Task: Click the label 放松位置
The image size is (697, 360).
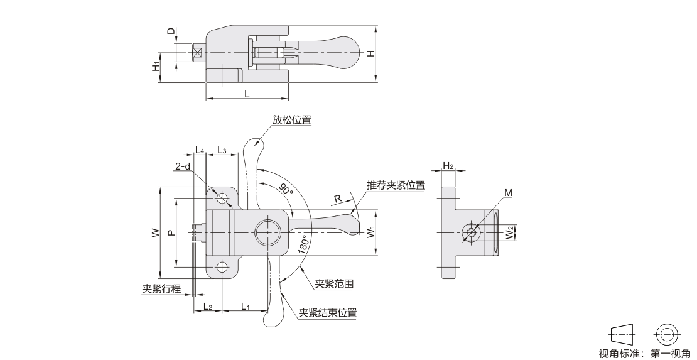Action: click(x=292, y=120)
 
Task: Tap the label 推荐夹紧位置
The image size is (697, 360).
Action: click(x=396, y=185)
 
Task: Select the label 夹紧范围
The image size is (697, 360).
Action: click(x=334, y=284)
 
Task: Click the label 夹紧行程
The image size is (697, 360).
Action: click(x=161, y=289)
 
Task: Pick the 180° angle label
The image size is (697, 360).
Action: click(x=303, y=243)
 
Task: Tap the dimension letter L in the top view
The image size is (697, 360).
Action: click(x=247, y=93)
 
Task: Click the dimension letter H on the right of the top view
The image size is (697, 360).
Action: click(x=371, y=53)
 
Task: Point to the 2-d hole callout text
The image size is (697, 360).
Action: click(x=183, y=166)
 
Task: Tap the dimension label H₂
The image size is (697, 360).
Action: click(x=448, y=165)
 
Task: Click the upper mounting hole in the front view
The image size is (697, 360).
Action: click(x=222, y=199)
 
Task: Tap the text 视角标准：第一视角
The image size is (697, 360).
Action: click(x=644, y=353)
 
